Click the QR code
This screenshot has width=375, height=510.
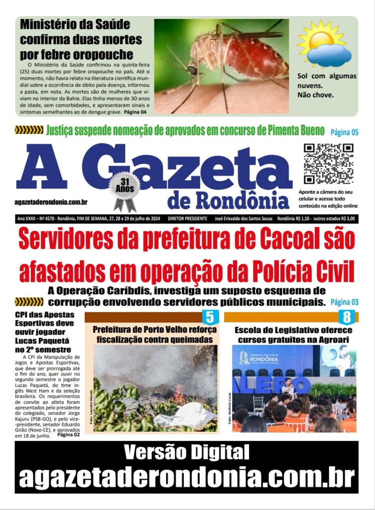click(x=328, y=164)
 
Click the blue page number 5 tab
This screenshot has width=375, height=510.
click(x=210, y=317)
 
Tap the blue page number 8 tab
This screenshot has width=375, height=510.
click(x=347, y=317)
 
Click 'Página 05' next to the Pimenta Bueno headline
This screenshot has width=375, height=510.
click(x=345, y=132)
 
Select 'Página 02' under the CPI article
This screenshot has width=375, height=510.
click(x=69, y=434)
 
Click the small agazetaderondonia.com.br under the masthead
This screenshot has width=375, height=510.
click(x=51, y=202)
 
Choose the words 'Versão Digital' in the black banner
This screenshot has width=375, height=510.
click(x=186, y=452)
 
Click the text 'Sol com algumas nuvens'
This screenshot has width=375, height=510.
click(x=326, y=80)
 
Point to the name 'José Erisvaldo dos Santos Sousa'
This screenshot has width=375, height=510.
click(x=244, y=219)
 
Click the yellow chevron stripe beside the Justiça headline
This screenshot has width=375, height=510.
click(x=29, y=130)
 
